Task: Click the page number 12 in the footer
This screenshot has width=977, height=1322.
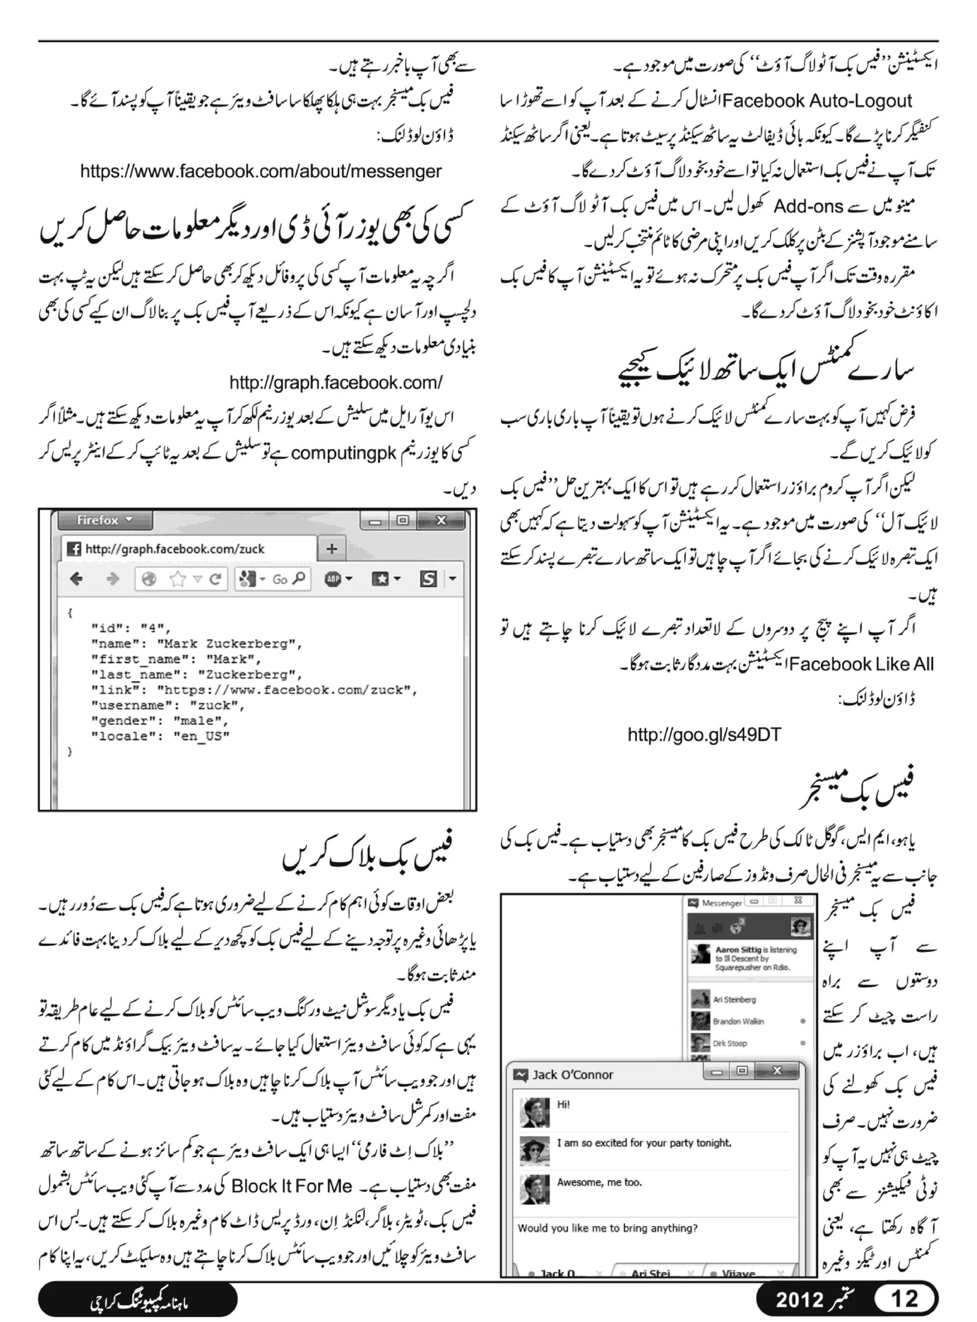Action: point(905,1298)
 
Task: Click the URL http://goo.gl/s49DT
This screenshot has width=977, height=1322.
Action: point(704,735)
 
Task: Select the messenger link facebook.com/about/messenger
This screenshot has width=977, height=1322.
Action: point(261,172)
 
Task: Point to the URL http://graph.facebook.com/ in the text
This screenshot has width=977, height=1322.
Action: point(335,382)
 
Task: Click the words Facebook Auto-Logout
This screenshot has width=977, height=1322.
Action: point(817,101)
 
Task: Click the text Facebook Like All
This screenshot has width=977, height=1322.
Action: point(861,664)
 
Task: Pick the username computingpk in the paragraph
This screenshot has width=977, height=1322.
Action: point(343,454)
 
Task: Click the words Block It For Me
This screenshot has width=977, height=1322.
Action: point(291,1187)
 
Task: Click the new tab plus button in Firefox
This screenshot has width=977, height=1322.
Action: point(332,548)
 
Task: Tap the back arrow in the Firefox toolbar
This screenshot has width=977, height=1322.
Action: point(76,579)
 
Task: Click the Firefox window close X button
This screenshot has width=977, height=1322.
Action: point(441,520)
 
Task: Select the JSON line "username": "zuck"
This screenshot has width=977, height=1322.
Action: point(167,705)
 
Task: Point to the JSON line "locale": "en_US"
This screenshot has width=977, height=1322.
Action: point(160,736)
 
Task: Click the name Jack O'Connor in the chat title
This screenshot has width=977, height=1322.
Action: point(572,1074)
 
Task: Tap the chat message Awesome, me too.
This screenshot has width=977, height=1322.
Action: point(599,1182)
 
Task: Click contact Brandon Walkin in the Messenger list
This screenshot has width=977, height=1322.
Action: point(738,1021)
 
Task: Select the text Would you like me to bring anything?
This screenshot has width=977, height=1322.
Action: point(607,1228)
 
